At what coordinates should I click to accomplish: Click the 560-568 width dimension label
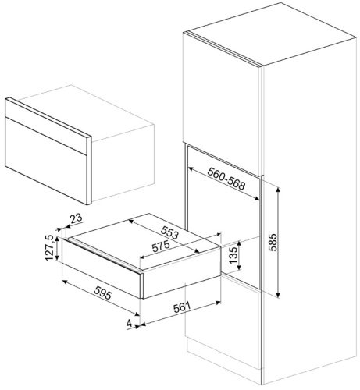point(226,179)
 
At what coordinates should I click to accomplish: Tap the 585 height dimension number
point(273,243)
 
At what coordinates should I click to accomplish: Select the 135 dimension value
point(233,255)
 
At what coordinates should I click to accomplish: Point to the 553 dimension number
point(170,232)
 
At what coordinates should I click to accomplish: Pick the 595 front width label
point(102,292)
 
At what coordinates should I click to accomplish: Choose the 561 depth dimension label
point(182,308)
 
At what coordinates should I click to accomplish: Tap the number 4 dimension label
point(129,324)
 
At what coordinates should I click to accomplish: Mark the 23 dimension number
point(77,218)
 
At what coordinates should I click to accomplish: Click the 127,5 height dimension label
point(49,248)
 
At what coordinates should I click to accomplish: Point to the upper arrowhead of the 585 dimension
point(278,190)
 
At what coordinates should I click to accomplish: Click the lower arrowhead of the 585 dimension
point(278,295)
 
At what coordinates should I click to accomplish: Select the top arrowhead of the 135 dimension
point(240,243)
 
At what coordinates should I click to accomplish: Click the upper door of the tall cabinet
point(221,104)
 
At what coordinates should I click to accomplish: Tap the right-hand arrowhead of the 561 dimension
point(218,303)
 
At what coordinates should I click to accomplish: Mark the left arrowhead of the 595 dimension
point(65,282)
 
